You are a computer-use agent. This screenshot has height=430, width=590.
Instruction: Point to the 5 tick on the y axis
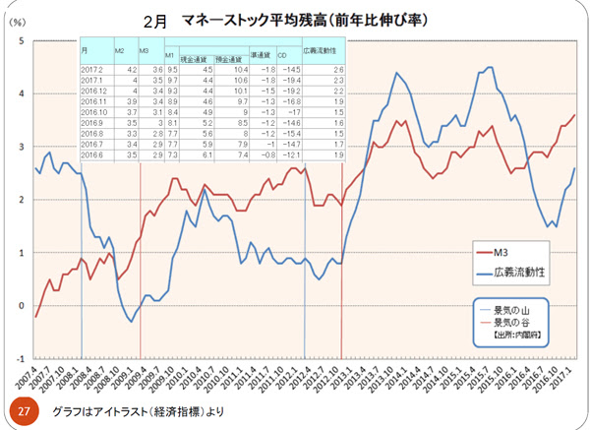[21, 41]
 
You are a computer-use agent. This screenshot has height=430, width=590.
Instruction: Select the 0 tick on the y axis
[21, 305]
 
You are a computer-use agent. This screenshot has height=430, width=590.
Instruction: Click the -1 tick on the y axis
[18, 358]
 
